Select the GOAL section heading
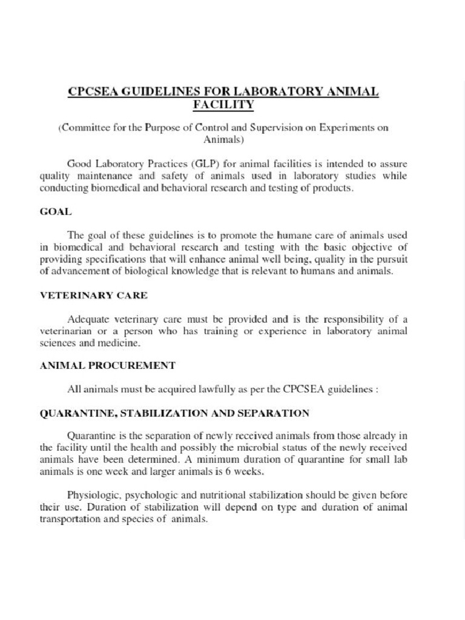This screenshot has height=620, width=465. tap(56, 211)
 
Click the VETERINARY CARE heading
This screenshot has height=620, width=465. tap(93, 295)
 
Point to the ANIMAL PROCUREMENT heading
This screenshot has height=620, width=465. tap(107, 365)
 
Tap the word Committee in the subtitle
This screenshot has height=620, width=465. tap(84, 128)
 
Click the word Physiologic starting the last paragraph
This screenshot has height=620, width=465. tap(94, 495)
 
